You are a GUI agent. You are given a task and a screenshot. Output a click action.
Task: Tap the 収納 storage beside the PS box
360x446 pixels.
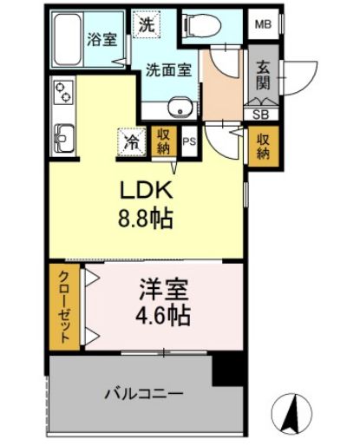tap(163, 141)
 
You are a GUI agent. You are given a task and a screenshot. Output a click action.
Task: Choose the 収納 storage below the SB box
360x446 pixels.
tap(261, 143)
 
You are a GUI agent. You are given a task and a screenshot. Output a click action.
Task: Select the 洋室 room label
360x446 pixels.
tap(162, 286)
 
